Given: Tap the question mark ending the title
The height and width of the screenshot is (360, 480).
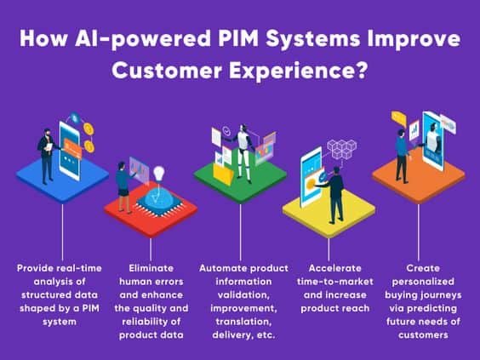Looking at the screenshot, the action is point(361,70).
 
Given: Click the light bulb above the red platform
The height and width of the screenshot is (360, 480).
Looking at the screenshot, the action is point(159,174).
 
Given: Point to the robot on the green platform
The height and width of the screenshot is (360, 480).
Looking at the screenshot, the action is point(244,153).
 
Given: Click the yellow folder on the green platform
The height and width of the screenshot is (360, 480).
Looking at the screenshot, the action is point(223,174).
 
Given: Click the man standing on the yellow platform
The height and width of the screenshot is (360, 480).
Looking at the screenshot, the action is point(334,195).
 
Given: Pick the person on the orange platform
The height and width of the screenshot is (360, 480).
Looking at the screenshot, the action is point(402,156).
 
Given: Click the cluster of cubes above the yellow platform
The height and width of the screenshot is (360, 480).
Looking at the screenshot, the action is point(342,149).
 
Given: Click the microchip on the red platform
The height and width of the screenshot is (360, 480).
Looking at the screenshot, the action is point(159,201).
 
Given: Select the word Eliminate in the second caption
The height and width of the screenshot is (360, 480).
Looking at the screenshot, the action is point(151,268).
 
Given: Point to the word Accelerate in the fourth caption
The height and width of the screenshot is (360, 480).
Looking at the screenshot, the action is point(335,268).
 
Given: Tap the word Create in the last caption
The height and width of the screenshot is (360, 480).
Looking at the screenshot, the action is point(423,268).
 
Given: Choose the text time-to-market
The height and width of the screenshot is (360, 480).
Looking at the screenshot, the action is point(335,282).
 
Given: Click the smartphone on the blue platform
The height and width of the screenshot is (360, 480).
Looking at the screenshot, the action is point(70,151).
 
